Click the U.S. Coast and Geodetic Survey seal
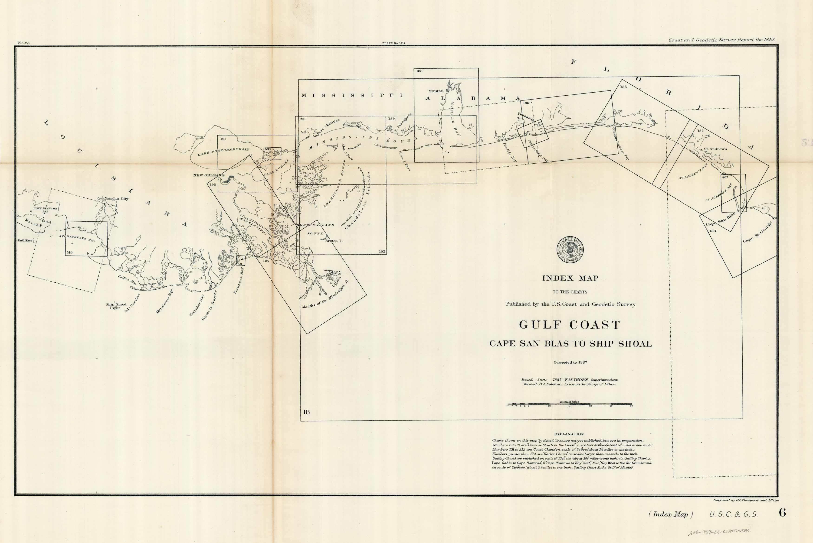coord(570,249)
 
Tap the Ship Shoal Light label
coord(116,306)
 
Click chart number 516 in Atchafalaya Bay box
coord(69,252)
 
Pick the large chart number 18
coord(306,412)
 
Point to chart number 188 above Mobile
coord(419,71)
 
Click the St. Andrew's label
coord(715,149)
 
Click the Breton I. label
coord(333,241)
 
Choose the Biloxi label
coord(347,125)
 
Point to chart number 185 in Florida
coord(623,87)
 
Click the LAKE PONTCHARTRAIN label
coord(223,152)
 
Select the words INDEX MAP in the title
coord(570,278)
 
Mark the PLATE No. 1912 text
coord(394,43)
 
